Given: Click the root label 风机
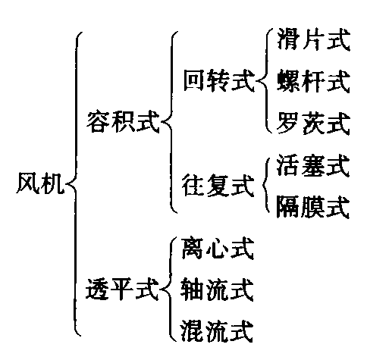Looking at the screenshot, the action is click(x=39, y=183).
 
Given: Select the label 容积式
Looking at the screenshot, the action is click(x=123, y=122).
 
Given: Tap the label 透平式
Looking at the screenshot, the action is click(x=122, y=289).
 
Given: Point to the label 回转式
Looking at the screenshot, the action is click(x=218, y=80).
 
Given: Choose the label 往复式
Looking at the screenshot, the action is click(x=218, y=185).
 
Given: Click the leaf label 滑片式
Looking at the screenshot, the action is click(x=313, y=39).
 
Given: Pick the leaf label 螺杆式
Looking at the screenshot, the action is click(x=313, y=81).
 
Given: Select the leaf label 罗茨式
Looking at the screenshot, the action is click(x=313, y=123).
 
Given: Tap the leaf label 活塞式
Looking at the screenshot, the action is click(x=313, y=165).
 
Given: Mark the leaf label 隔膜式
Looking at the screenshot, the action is click(x=313, y=207).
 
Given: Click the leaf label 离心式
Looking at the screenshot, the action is click(x=218, y=249).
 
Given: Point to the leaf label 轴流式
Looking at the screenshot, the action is click(x=217, y=290).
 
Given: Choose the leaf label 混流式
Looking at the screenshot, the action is click(x=217, y=331).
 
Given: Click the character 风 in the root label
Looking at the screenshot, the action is click(x=27, y=183).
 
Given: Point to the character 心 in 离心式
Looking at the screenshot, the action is click(x=218, y=249).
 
